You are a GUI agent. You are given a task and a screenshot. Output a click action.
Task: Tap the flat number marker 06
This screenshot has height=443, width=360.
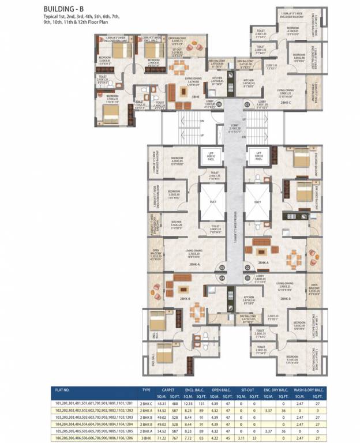[x=219, y=104]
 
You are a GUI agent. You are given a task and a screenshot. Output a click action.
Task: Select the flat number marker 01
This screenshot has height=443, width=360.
[x=247, y=104]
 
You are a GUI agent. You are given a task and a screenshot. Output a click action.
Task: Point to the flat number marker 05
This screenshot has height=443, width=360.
[x=222, y=268]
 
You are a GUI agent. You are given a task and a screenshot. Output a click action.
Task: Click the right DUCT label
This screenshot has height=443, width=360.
[x=257, y=202]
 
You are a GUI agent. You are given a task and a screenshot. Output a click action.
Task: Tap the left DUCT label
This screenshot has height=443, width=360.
[x=210, y=202]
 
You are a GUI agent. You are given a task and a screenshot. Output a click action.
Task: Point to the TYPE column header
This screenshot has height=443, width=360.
[x=147, y=391]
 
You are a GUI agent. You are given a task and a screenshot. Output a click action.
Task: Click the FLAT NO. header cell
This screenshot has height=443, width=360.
[x=55, y=391]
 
